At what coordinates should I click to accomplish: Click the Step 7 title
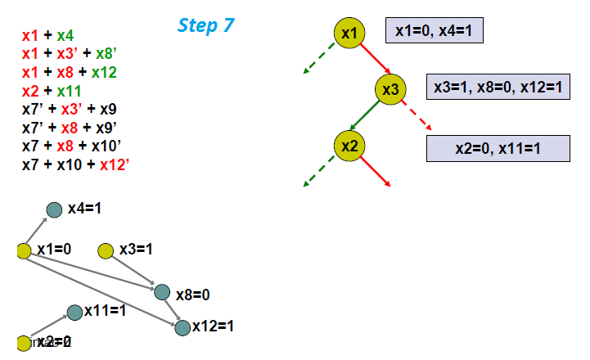point(206,25)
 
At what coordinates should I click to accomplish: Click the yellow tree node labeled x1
point(349,34)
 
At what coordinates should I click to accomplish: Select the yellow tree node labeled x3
point(390,88)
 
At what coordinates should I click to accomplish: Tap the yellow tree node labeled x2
point(349,146)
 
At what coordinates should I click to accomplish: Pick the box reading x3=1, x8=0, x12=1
point(498,87)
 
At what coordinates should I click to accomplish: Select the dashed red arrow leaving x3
point(418,116)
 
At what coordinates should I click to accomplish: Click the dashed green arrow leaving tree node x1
point(322,59)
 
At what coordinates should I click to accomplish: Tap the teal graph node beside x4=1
point(54,210)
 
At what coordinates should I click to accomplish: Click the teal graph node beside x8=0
point(162,292)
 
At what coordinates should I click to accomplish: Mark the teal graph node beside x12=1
point(182,327)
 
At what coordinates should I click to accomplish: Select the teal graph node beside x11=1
point(74,312)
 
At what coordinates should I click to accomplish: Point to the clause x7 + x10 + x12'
point(76,164)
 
